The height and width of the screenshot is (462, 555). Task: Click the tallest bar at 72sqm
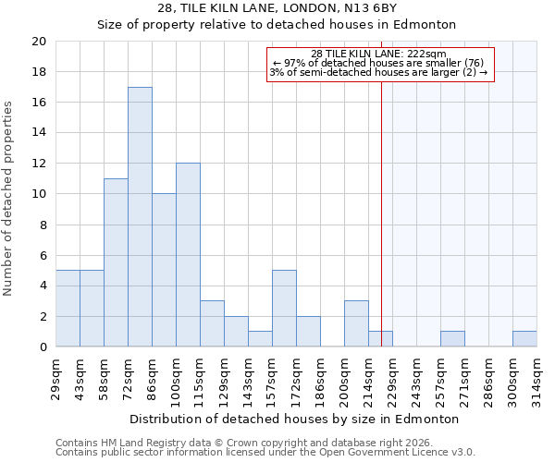(140, 217)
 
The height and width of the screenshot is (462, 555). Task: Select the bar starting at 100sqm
(188, 255)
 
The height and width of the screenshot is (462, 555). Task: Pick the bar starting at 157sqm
(284, 309)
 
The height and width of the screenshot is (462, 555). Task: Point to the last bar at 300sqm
(524, 339)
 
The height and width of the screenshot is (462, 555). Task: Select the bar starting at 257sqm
(452, 339)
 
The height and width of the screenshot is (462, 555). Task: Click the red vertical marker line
(381, 203)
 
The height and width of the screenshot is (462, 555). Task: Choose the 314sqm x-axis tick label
(536, 379)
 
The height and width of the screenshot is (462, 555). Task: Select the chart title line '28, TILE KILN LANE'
(277, 8)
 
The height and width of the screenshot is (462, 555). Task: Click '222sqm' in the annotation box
(428, 55)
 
